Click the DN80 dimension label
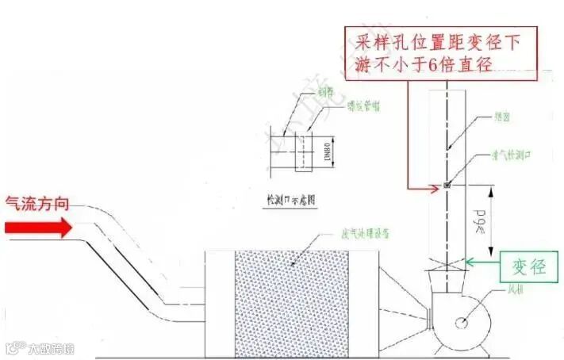(x=327, y=151)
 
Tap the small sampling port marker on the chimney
(x=447, y=186)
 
